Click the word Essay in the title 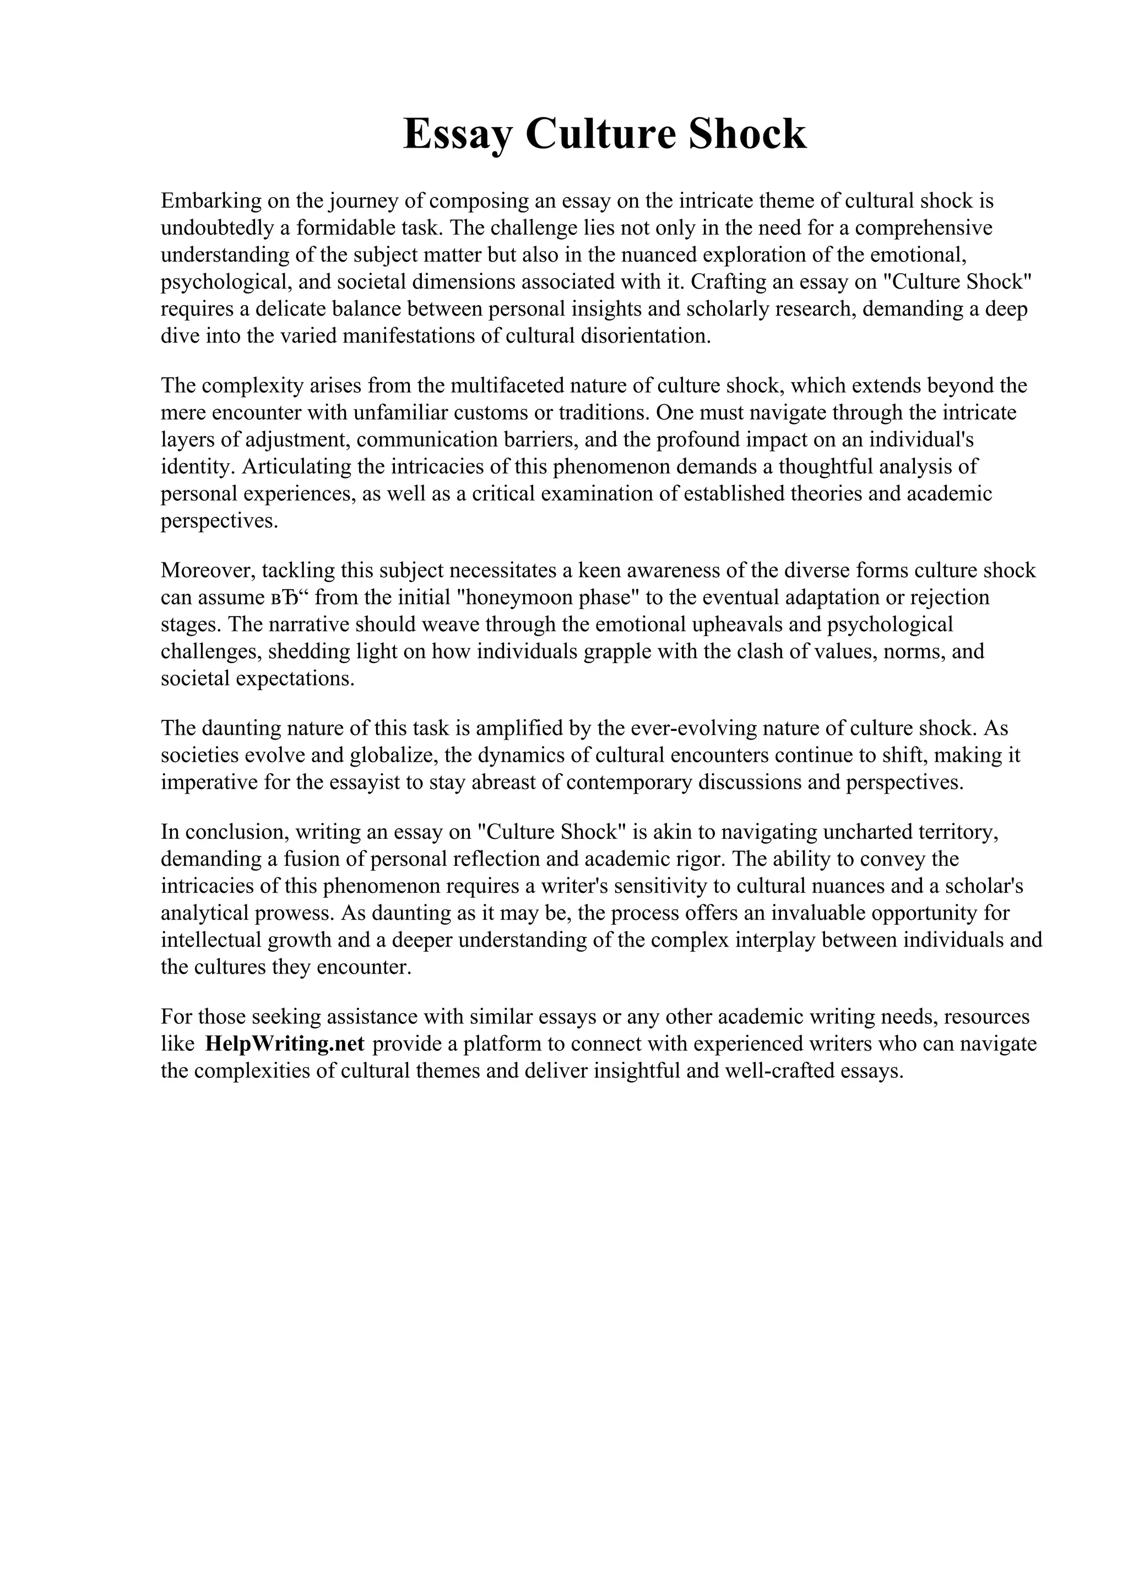[459, 134]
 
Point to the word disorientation [647, 336]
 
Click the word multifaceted [503, 385]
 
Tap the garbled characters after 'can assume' [290, 598]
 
